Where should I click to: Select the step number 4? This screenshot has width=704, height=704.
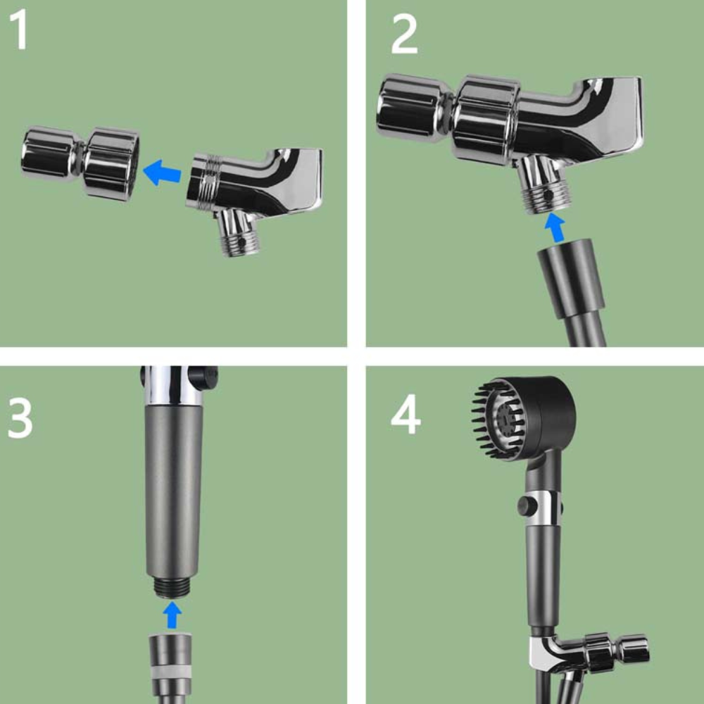pos(406,417)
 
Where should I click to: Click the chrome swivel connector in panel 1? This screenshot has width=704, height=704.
pos(79,162)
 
